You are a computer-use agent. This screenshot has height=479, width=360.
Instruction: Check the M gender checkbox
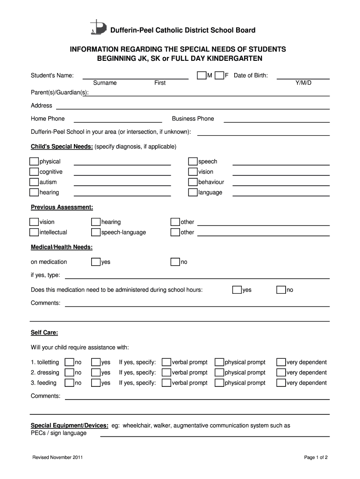pos(202,75)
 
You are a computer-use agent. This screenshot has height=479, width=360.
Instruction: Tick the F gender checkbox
pos(219,75)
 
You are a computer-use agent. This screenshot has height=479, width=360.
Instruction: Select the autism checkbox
pos(34,182)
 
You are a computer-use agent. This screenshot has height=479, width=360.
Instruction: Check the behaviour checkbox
pos(193,182)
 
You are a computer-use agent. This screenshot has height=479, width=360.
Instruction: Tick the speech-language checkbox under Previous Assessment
pos(96,232)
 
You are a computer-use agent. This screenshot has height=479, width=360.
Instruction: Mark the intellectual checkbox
pos(34,232)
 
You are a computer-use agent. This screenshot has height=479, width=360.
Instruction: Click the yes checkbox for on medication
pos(96,261)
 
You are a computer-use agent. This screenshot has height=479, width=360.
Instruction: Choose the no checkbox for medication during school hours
pos(281,290)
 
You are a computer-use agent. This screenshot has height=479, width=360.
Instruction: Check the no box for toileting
pos(69,362)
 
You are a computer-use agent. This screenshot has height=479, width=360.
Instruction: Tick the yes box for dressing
pos(96,372)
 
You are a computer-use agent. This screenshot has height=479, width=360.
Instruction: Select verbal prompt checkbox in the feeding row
pos(166,383)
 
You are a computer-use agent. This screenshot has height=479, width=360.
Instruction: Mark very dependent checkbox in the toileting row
pos(281,362)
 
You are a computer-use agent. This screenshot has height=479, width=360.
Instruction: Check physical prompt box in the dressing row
pos(219,372)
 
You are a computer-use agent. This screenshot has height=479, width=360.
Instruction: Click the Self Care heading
pos(44,333)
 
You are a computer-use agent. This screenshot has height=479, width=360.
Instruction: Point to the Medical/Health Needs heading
pos(62,247)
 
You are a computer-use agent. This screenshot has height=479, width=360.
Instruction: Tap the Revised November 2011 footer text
pos(58,457)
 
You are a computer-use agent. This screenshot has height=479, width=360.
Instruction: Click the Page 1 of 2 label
pos(316,457)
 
